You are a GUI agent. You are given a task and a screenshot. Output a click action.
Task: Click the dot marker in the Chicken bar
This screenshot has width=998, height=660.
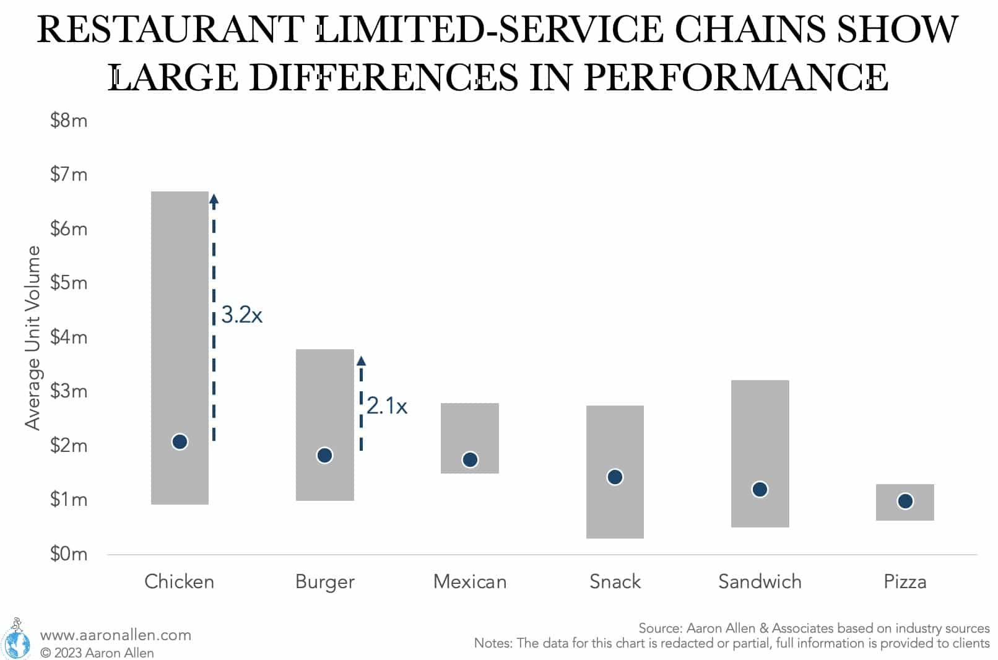[x=180, y=441]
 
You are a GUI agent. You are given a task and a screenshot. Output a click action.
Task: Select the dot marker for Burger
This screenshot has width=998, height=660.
[x=324, y=455]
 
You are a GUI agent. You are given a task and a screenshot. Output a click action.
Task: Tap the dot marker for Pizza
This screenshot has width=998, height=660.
[x=905, y=501]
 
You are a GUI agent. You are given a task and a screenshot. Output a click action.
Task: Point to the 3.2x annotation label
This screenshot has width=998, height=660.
[x=241, y=315]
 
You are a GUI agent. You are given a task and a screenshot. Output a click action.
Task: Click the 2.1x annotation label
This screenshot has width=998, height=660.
[x=386, y=406]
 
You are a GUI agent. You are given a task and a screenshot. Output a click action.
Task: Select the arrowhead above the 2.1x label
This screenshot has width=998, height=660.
[x=362, y=361]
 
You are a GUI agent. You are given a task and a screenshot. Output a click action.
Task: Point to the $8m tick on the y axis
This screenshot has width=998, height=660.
[x=69, y=120]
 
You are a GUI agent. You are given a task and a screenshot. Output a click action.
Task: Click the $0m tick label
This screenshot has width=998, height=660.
[x=69, y=554]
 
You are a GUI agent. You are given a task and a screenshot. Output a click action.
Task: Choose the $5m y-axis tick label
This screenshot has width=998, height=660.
[x=69, y=283]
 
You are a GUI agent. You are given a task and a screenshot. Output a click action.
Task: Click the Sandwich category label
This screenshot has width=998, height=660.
[x=760, y=581]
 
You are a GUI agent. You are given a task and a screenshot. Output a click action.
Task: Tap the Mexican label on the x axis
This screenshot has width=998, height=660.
[x=469, y=581]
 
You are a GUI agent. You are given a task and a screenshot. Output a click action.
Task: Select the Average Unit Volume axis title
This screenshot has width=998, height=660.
[x=32, y=337]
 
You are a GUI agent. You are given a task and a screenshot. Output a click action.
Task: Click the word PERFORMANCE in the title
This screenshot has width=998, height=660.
[x=735, y=78]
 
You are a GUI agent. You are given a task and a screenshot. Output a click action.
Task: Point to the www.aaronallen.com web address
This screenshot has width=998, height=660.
[x=115, y=635]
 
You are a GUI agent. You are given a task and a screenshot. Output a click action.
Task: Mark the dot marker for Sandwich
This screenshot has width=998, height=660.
[x=760, y=489]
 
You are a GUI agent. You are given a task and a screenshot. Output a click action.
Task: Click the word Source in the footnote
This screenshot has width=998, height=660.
[x=659, y=628]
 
